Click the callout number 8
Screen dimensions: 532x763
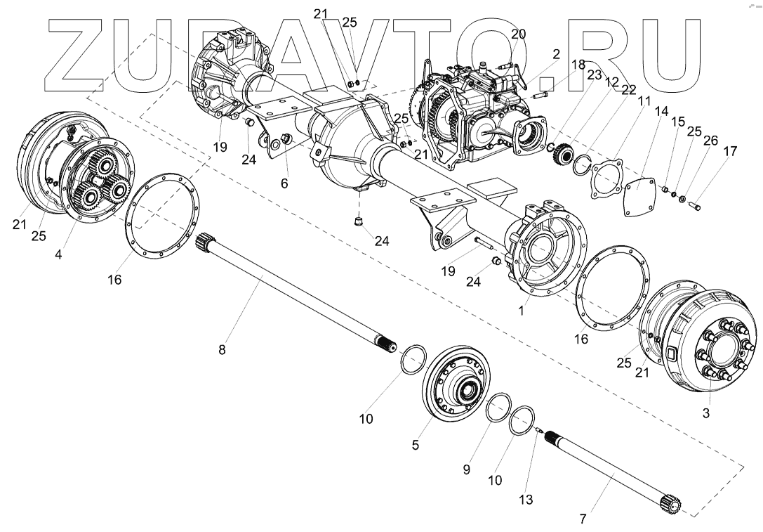(222, 350)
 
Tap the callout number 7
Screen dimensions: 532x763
(583, 520)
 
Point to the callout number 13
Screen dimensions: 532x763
(526, 500)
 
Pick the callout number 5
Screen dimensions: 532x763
(416, 446)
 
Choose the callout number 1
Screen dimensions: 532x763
(521, 310)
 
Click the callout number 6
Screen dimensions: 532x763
(284, 183)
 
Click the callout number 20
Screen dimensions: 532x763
(518, 34)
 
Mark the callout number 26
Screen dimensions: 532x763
(710, 141)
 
